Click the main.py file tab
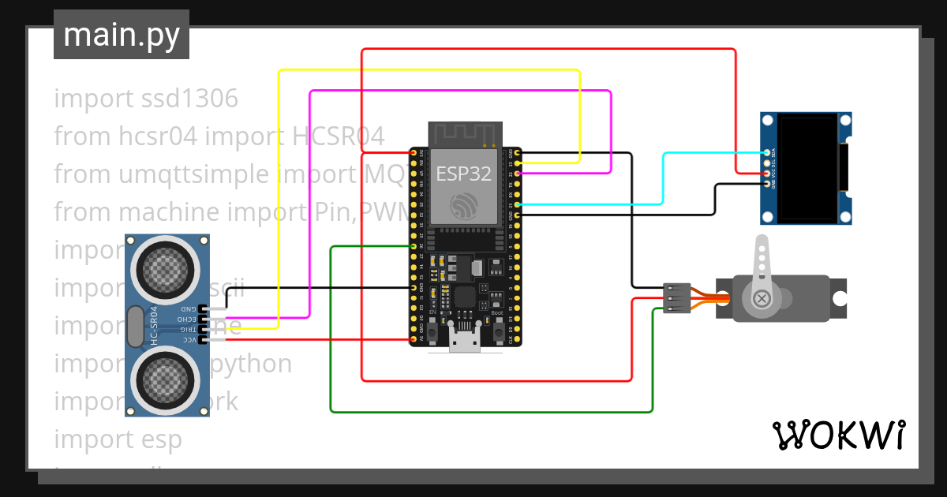coord(122,35)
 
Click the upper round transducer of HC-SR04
coord(167,266)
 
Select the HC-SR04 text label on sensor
coord(155,325)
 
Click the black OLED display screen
coord(808,167)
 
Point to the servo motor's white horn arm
coord(762,264)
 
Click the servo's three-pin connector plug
coord(677,298)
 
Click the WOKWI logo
coord(838,435)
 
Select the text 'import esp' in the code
coord(118,439)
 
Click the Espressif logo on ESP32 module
coord(466,207)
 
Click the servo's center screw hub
coord(762,298)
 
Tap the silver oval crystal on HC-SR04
coord(134,326)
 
